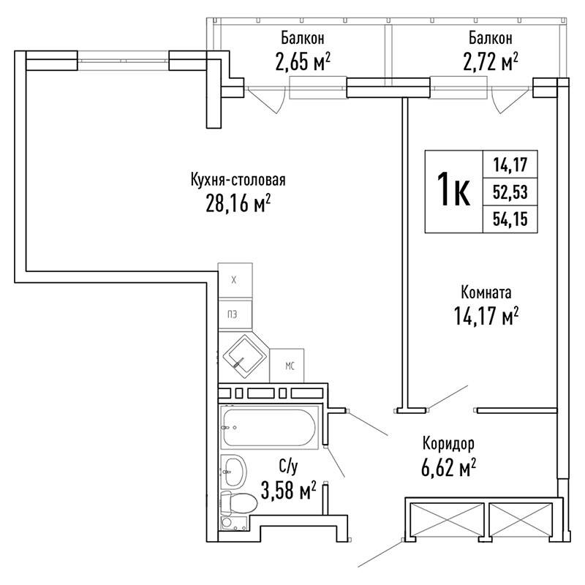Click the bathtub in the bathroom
click(269, 427)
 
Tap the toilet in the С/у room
click(239, 503)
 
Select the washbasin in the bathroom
click(233, 472)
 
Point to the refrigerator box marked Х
click(235, 280)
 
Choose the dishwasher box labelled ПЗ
click(235, 314)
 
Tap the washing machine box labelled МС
click(287, 366)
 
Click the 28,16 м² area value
click(238, 204)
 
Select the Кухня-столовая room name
click(238, 179)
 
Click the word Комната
click(486, 292)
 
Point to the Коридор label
click(448, 444)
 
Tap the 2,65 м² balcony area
click(303, 62)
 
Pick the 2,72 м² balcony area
click(490, 62)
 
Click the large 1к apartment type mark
click(453, 192)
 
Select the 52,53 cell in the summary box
click(510, 192)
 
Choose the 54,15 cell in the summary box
click(510, 219)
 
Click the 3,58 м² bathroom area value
click(288, 490)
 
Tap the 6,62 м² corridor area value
click(448, 467)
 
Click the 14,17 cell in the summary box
click(510, 165)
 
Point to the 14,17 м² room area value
click(486, 316)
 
